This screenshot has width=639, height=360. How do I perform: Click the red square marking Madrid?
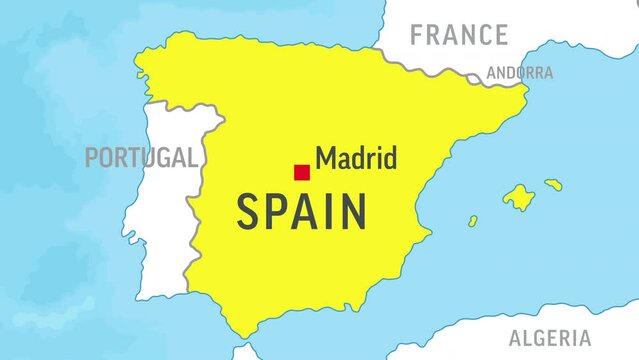pyautogui.click(x=301, y=172)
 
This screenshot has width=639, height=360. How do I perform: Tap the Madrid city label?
pyautogui.click(x=356, y=158)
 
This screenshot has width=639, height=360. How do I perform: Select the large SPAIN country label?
pyautogui.click(x=301, y=212)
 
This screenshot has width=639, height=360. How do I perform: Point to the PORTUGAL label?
pyautogui.click(x=139, y=157)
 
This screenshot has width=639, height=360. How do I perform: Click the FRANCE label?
pyautogui.click(x=459, y=36)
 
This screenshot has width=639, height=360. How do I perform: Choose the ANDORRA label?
pyautogui.click(x=519, y=73)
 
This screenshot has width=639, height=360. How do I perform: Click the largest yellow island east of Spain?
pyautogui.click(x=518, y=197)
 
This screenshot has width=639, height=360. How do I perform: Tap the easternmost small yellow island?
pyautogui.click(x=553, y=184)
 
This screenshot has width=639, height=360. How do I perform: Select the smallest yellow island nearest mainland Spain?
pyautogui.click(x=472, y=221)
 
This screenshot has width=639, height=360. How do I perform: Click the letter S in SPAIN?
pyautogui.click(x=249, y=212)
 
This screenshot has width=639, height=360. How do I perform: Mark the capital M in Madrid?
pyautogui.click(x=326, y=158)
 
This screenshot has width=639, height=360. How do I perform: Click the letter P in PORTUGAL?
pyautogui.click(x=91, y=157)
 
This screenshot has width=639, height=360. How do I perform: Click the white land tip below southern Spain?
pyautogui.click(x=245, y=352)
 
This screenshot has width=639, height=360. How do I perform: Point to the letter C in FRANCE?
pyautogui.click(x=482, y=36)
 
